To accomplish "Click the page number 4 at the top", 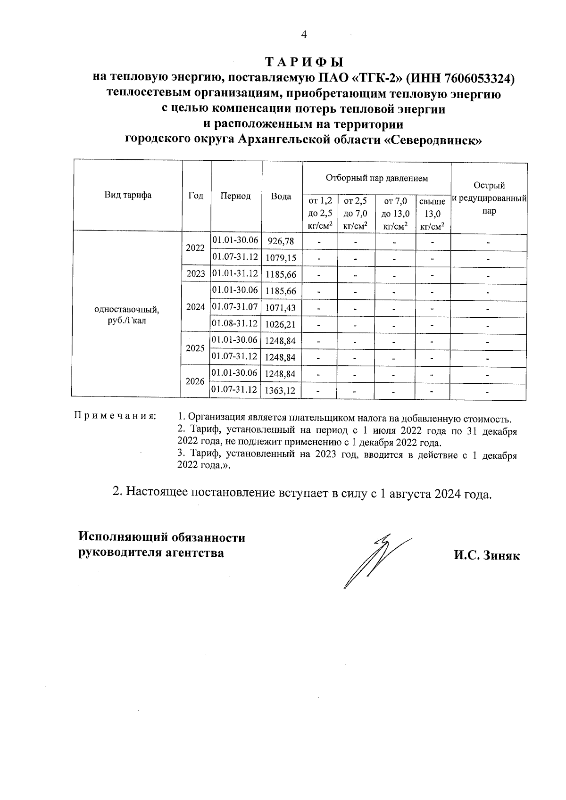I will coord(304,34).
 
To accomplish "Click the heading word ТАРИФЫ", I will coord(304,62).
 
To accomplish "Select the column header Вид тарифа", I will coord(128,195).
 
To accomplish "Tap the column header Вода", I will coord(281,196).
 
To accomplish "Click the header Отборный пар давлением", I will coord(376,178).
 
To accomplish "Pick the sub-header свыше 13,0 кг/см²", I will coord(433,214).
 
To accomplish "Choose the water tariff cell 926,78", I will coord(281,242).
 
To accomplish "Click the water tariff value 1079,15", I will coord(281,258).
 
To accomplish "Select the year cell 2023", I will coord(195,273).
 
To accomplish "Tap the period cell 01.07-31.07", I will coord(235,307).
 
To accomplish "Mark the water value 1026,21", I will coord(281,324).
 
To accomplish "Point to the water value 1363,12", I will coord(281,390).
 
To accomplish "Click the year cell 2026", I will coord(195,381).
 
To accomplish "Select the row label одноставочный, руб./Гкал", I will coord(127,314).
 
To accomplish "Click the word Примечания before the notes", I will coord(115,416).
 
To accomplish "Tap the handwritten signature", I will coord(373,561).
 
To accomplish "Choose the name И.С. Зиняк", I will coord(487,556).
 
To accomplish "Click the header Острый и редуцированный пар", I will coord(489,198).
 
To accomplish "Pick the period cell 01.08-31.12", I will coord(235,323).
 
